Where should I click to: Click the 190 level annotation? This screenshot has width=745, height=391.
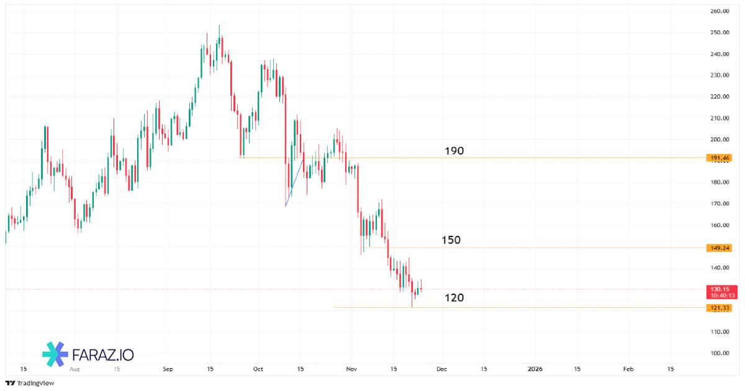coord(454,151)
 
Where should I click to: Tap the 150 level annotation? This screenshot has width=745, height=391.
coord(451,240)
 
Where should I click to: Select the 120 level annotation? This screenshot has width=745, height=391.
coord(454,298)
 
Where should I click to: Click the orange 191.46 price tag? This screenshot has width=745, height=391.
coord(720,158)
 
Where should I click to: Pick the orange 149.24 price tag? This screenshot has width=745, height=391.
coord(720,248)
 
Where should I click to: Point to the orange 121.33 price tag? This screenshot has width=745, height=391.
coord(720,308)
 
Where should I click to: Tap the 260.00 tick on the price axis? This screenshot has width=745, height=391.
coord(720,11)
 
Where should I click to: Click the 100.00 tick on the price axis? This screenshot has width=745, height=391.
coord(720,353)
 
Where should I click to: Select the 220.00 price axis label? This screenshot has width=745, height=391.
coord(720,97)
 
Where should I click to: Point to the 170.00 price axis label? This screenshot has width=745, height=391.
coord(720,204)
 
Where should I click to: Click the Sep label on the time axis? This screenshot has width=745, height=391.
coord(168,369)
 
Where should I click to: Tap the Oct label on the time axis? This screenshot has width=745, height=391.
coord(258,369)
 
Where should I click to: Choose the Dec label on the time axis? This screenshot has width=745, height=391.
coord(441,369)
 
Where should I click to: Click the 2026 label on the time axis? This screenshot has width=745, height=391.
coord(535,369)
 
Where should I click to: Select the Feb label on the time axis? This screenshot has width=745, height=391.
coord(628,369)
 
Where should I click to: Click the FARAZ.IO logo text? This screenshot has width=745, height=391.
coord(103,355)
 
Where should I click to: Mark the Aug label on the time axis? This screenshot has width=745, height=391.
coord(75,369)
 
